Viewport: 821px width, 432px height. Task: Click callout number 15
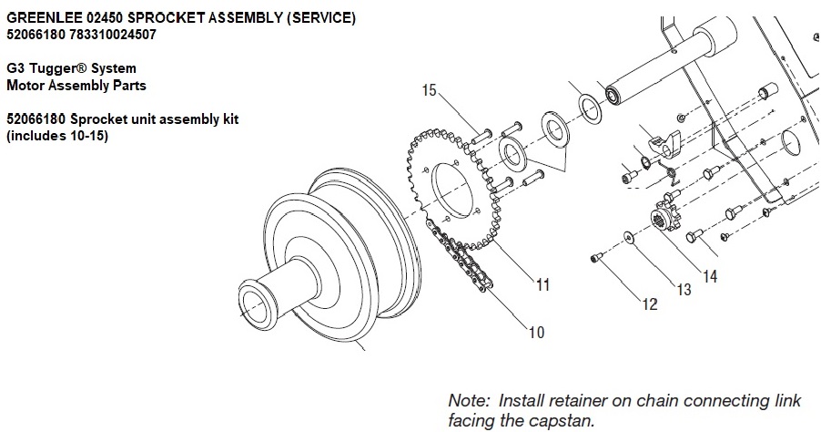[x=429, y=90]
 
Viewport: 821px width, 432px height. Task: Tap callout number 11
[x=543, y=284]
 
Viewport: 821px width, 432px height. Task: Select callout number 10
[x=537, y=332]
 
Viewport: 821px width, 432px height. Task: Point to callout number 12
[x=649, y=304]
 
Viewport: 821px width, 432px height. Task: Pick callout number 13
[x=684, y=290]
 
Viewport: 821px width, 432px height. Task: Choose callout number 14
[x=710, y=276]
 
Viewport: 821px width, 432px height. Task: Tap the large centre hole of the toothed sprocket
[x=452, y=190]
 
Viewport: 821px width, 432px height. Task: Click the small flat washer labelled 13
[x=627, y=239]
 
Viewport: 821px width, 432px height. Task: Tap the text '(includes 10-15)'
[x=57, y=137]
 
